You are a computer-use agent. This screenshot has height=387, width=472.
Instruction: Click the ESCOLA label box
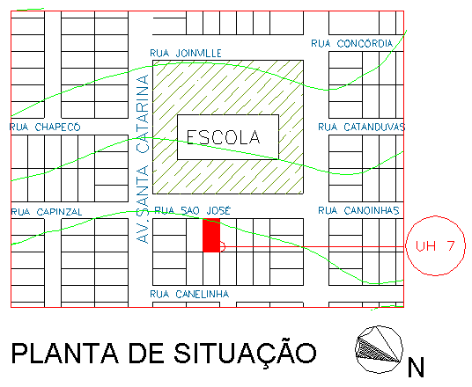point(228,137)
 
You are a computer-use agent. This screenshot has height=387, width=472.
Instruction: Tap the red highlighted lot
point(211,235)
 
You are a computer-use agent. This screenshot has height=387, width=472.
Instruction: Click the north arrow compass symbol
point(379,349)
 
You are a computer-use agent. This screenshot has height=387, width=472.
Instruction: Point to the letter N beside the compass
point(416,367)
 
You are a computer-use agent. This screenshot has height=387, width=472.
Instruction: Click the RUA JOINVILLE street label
point(186,54)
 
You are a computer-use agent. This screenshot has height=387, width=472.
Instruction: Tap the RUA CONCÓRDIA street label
point(352,44)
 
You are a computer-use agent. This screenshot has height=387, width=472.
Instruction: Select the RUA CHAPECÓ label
point(45,128)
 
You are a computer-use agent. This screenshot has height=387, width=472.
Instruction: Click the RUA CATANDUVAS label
point(362,128)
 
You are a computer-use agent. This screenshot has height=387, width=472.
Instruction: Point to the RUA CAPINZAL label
point(47,212)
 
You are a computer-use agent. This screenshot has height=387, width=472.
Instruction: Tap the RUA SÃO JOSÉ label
point(192,210)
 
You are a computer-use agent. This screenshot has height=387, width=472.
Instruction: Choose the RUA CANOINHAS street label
point(358,210)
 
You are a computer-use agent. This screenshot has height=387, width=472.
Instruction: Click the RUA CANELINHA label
point(189,294)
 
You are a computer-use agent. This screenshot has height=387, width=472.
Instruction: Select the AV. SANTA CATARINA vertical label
point(143,159)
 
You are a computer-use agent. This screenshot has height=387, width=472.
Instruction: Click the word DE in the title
point(146,353)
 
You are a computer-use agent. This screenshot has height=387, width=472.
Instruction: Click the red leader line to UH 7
point(313,246)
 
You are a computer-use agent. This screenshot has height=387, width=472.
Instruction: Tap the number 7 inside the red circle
point(450,245)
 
